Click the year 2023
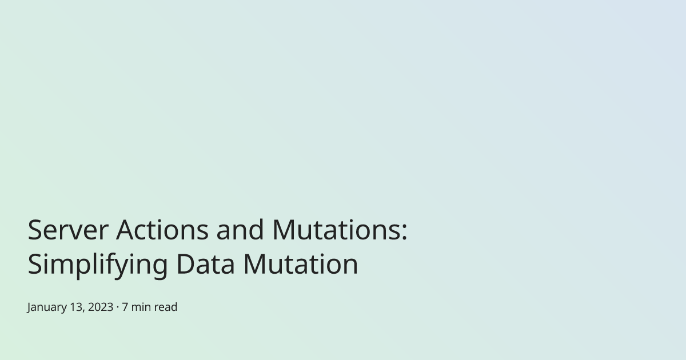click(101, 307)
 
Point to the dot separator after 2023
click(118, 307)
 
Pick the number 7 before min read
click(125, 307)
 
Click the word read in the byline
click(166, 307)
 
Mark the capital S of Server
click(35, 230)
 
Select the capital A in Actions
click(126, 230)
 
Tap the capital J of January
click(30, 307)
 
